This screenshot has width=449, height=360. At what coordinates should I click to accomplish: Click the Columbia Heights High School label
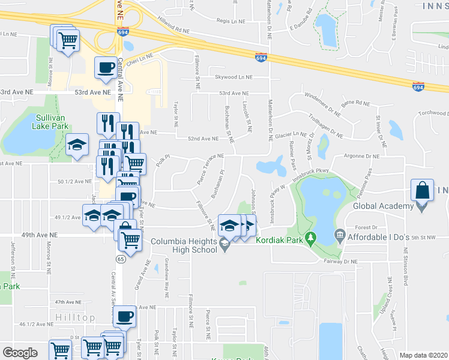(184, 245)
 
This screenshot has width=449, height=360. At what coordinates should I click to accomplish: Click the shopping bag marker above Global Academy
(423, 190)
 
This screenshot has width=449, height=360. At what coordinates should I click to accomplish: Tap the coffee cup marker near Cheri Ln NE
(106, 67)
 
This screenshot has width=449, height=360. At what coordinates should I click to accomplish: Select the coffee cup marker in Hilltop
(125, 316)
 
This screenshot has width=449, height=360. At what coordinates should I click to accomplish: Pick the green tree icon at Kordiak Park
(310, 239)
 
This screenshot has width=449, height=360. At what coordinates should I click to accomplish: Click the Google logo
(20, 353)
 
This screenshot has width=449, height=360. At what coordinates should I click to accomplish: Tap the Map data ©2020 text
(423, 355)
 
